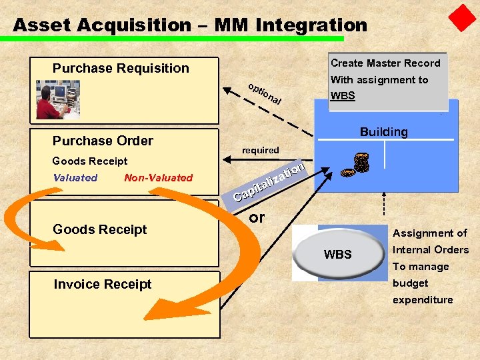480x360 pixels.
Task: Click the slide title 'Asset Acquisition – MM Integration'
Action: coord(190,25)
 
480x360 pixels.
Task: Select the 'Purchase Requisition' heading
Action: coord(121,68)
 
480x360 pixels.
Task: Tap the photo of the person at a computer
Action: coord(58,99)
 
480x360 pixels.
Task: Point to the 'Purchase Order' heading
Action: coord(103,141)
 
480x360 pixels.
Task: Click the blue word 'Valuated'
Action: coord(75,177)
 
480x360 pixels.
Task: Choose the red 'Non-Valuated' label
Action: coord(158,177)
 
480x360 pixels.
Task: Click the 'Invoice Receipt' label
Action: coord(102,284)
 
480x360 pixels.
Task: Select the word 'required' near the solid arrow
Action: coord(260,150)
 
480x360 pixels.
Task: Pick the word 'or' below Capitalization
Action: coord(256,217)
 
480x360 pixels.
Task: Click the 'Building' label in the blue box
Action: coord(383,131)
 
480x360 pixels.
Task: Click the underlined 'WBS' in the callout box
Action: coord(343,95)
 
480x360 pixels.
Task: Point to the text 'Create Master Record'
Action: coord(385,63)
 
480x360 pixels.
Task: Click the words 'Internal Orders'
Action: coord(430,249)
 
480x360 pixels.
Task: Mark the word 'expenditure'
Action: coord(422,299)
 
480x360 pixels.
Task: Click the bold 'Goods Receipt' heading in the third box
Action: coord(99,229)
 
